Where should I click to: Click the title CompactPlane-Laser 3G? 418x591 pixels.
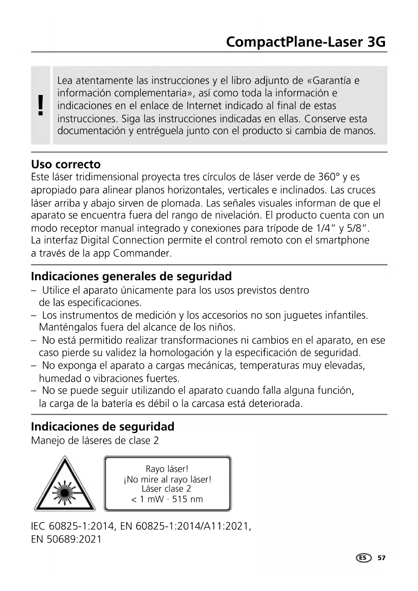coord(306,42)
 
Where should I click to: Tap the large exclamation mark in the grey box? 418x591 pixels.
coord(41,105)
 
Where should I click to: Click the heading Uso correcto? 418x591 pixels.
coord(66,164)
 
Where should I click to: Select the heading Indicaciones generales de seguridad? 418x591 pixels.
coord(131,276)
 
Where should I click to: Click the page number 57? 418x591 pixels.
coord(381,558)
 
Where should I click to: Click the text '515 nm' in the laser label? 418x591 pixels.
coord(187,499)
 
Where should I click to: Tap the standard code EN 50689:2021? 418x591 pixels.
coord(66,539)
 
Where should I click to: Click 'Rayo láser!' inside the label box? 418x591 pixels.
coord(167,469)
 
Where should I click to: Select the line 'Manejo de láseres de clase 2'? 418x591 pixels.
coord(95,440)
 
